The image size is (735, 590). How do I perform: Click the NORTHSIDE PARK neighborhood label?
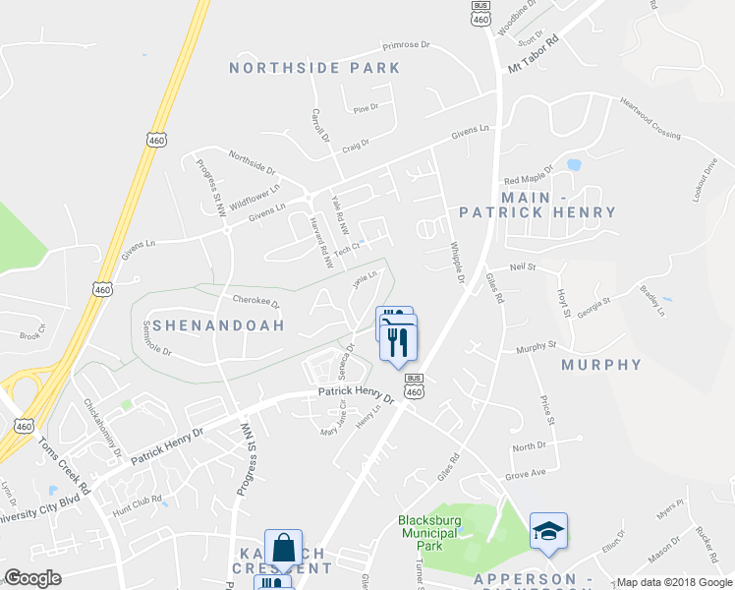click(x=314, y=68)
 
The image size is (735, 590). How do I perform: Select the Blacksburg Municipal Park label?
click(x=428, y=532)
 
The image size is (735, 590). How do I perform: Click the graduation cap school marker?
click(x=548, y=531)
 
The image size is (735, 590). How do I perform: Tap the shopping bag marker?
click(x=283, y=549)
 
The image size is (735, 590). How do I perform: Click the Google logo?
click(x=31, y=578)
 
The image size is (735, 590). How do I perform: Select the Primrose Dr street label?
click(x=406, y=45)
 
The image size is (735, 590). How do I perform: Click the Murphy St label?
click(x=537, y=346)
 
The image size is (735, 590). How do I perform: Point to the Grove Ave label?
click(x=525, y=474)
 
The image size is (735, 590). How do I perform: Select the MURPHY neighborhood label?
click(x=601, y=365)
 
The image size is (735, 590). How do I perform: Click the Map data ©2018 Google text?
click(x=674, y=582)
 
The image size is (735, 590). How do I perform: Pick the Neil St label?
click(x=523, y=266)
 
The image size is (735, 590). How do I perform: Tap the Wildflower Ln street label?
click(x=255, y=189)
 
